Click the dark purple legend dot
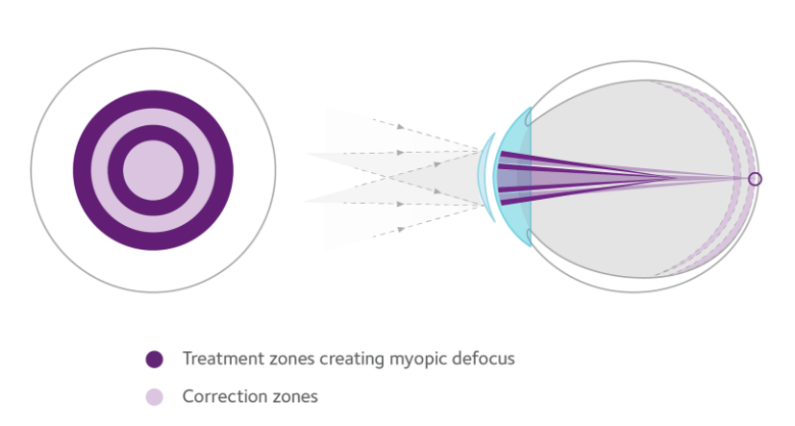coord(154,359)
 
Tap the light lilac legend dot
coord(154,396)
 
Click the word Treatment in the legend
coord(223,359)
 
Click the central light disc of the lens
coord(153,170)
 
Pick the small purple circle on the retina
coord(755,179)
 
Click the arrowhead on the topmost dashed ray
coord(401,126)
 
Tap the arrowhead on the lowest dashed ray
coord(401,230)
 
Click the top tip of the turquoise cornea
coord(531,108)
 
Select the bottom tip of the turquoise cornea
coord(531,246)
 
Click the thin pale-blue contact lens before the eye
coord(482,177)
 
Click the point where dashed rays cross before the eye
coord(389,177)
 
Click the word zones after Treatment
coord(291,359)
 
